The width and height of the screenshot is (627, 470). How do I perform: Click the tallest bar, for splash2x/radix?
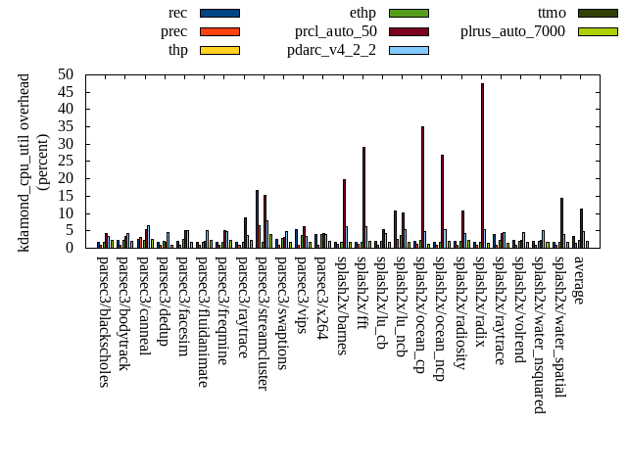482,165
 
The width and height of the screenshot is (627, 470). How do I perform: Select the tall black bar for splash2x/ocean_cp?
422,186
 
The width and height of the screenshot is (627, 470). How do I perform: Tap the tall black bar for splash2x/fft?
363,197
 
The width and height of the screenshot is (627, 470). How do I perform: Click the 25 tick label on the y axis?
66,161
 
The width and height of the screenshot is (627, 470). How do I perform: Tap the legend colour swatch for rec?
219,14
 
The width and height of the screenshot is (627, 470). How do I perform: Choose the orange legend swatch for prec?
219,31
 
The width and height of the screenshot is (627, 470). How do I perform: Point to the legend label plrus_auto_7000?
512,31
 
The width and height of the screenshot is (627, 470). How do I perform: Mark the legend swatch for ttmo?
598,14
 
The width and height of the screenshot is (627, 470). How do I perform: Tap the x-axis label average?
579,280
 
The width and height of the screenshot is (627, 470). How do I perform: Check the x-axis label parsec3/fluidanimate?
203,321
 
